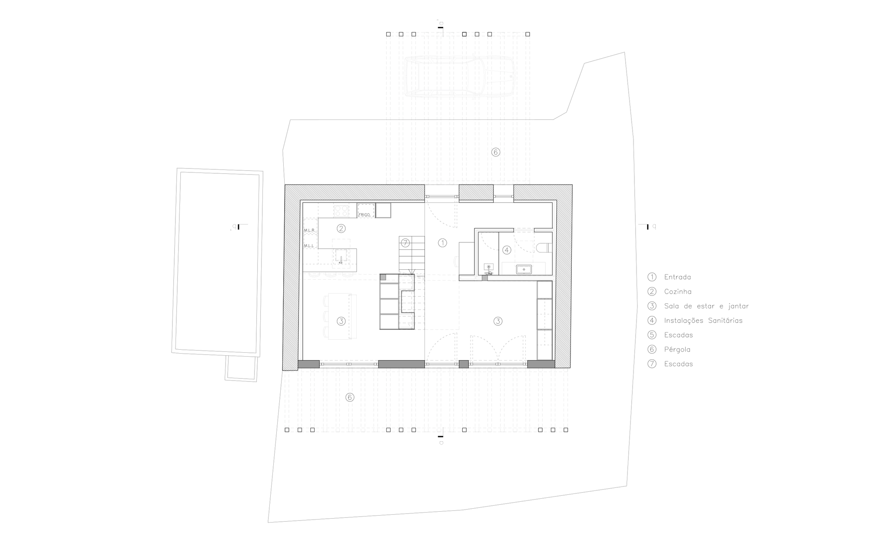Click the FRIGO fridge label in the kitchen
(x=364, y=215)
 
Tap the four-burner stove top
(x=341, y=211)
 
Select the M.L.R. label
(x=309, y=230)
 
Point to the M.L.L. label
(x=309, y=245)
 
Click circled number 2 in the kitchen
(x=341, y=228)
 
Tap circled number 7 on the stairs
(x=405, y=243)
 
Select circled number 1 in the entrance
(x=442, y=243)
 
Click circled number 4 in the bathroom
(x=506, y=250)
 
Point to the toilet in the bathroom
(x=543, y=248)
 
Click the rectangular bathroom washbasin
(x=524, y=269)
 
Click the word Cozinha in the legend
(x=678, y=291)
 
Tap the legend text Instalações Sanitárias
(x=703, y=321)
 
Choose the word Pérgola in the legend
(x=677, y=349)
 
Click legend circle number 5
(x=652, y=335)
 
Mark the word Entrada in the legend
(x=677, y=277)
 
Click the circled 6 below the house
(x=350, y=397)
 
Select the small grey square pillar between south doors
(x=464, y=364)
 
